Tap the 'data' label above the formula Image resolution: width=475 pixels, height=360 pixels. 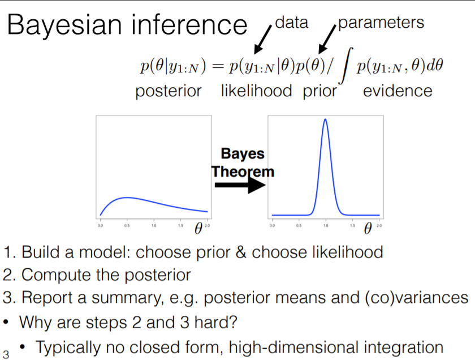click(292, 23)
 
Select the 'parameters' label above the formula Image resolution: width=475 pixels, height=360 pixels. click(381, 23)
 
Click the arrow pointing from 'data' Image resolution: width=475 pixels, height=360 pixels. click(263, 40)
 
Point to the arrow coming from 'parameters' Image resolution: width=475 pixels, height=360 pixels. click(327, 39)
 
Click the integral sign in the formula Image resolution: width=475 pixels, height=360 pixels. click(346, 65)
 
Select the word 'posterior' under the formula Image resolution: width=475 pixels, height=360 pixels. click(169, 92)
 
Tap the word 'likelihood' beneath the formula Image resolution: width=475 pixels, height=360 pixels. click(256, 91)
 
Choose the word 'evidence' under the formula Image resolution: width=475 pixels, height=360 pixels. click(398, 91)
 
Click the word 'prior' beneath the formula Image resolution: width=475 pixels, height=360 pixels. click(319, 92)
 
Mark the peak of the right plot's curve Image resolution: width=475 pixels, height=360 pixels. click(325, 119)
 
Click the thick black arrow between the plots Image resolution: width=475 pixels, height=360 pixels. click(240, 185)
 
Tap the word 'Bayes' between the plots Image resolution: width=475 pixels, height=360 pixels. click(243, 154)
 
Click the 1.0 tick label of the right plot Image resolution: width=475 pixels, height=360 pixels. click(326, 226)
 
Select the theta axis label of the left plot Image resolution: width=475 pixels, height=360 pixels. click(198, 228)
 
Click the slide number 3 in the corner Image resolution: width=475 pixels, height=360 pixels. click(6, 354)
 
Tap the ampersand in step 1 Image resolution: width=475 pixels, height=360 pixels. click(241, 252)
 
